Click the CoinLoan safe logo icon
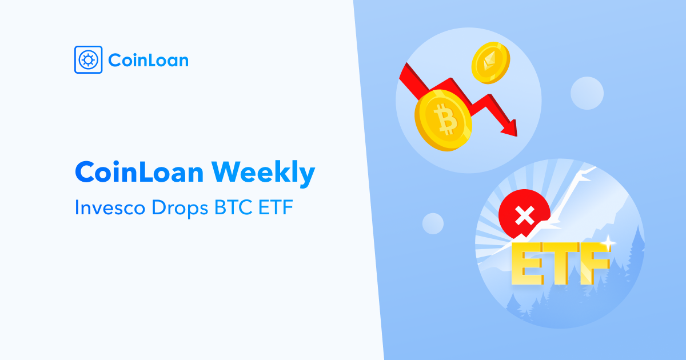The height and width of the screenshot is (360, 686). [x=88, y=59]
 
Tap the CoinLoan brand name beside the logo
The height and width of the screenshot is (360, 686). [x=149, y=60]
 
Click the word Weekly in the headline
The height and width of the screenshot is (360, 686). [x=263, y=172]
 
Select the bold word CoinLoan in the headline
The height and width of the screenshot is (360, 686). [x=139, y=172]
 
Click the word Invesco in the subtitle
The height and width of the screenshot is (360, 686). [x=110, y=207]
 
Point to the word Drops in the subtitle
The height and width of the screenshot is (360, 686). [x=180, y=209]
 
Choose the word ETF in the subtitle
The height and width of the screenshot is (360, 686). [x=276, y=207]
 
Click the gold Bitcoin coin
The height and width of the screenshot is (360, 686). [x=443, y=121]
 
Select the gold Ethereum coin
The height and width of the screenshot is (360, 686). [x=490, y=63]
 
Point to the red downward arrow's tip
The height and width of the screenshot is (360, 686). [x=517, y=136]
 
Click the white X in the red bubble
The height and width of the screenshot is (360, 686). [x=525, y=215]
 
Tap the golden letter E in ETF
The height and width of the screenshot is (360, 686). [x=527, y=263]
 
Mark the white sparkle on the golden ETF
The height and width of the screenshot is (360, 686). [x=608, y=243]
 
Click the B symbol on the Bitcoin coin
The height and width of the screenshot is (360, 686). [x=446, y=119]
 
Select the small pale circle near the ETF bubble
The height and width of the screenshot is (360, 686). [x=433, y=223]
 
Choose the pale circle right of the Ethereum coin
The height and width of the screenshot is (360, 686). [x=587, y=93]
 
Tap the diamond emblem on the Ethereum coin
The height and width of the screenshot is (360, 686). [x=489, y=61]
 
